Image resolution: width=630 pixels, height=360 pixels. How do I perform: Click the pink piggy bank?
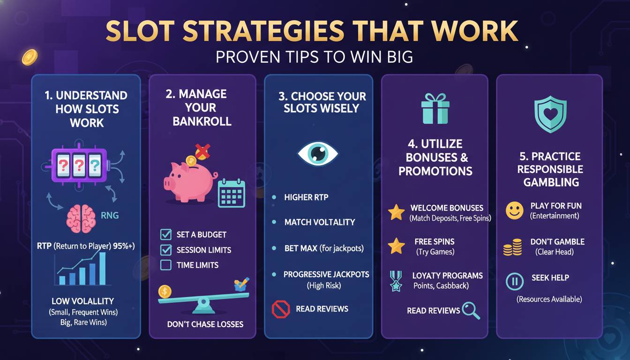tap(185, 183)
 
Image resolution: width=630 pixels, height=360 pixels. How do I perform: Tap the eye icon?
tap(318, 154)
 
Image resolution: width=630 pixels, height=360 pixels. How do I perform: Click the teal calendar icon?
tap(232, 193)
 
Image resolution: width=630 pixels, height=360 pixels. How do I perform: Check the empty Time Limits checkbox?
tap(166, 265)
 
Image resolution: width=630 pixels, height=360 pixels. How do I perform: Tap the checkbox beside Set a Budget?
tap(166, 234)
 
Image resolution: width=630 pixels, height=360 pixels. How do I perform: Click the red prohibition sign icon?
tap(281, 309)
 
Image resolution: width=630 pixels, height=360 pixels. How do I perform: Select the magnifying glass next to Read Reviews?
tap(471, 310)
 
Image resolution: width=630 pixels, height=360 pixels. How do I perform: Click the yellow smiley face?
tap(515, 210)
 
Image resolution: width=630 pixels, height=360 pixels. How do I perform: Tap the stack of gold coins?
tap(512, 247)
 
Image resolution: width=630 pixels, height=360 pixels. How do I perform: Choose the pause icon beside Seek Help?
tap(515, 282)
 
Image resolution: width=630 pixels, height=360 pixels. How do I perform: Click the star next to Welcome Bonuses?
tap(396, 212)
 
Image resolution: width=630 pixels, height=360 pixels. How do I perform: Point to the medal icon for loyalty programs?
tap(396, 280)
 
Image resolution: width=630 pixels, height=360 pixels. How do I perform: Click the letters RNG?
tap(110, 216)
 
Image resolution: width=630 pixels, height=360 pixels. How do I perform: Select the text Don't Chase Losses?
tap(205, 324)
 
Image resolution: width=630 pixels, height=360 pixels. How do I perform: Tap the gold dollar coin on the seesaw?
tap(165, 292)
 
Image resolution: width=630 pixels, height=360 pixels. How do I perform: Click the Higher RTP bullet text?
tap(306, 197)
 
